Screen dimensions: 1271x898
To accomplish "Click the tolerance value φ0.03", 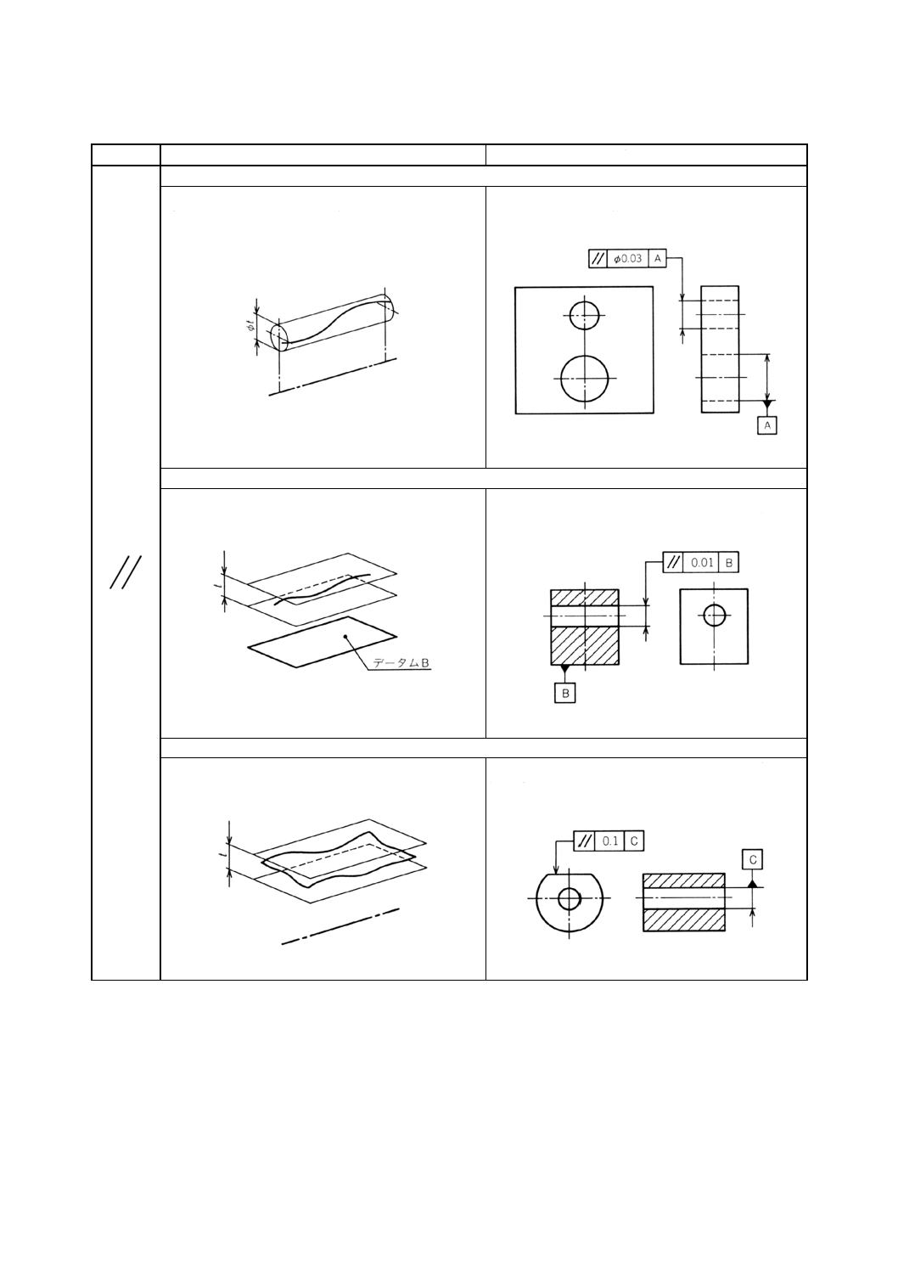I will (x=628, y=259).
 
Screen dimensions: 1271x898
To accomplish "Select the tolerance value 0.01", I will (x=701, y=562).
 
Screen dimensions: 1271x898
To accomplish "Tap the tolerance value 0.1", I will (x=609, y=841).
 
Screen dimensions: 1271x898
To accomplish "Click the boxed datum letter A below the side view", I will (x=766, y=425).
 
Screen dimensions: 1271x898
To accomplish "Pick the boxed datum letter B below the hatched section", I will (x=565, y=694).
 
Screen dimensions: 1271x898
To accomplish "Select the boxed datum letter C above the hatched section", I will (x=753, y=860).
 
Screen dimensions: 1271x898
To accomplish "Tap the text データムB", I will (x=402, y=664).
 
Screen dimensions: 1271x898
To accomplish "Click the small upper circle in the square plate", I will (x=584, y=315).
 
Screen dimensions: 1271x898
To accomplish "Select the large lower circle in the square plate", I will (x=584, y=378).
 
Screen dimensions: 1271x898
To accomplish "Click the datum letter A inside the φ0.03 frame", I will (x=658, y=259).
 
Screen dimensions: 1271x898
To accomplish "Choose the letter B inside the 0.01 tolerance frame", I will (x=728, y=562).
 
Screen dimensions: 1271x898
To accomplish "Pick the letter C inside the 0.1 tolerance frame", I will (x=634, y=841).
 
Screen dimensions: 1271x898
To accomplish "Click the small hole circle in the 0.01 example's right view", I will (x=715, y=615).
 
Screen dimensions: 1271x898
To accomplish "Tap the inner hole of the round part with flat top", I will (x=569, y=897).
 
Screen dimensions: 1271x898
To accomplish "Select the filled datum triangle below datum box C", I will (x=753, y=883).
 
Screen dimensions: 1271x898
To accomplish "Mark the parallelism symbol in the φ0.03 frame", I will (x=598, y=259).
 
